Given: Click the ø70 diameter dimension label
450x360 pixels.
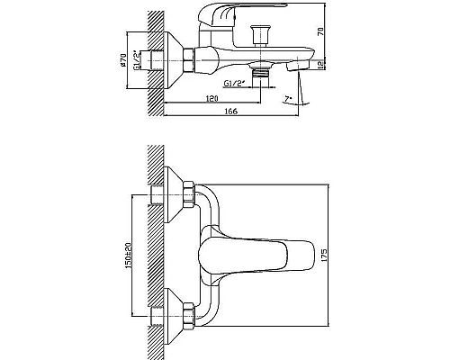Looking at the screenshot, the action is [122, 59].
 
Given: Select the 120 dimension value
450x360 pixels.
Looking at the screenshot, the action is [212, 98].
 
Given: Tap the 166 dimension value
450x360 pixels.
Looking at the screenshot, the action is [231, 112].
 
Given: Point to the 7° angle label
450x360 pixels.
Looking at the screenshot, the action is [288, 98].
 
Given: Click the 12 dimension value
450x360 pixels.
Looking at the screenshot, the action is [320, 64].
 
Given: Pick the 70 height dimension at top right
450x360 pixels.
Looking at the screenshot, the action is [320, 31].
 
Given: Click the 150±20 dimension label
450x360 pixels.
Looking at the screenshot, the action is [129, 255].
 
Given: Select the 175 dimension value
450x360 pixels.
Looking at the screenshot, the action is [324, 255].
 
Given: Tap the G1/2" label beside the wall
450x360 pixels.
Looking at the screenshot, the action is [137, 60].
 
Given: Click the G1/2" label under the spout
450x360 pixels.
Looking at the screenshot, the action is [235, 83].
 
